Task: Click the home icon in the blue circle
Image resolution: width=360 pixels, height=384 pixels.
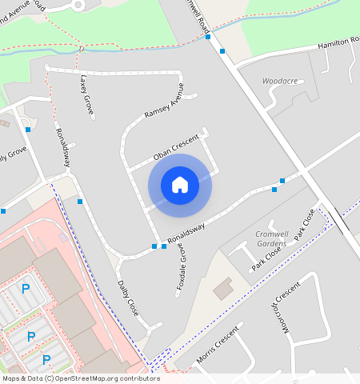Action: coord(180,185)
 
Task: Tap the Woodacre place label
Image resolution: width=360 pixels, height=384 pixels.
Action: coord(279,81)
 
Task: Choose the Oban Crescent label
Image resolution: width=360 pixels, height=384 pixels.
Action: coord(175,146)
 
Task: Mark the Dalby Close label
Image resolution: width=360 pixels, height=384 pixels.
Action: coord(128,298)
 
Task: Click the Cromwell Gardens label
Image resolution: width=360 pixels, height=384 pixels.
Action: coord(270,238)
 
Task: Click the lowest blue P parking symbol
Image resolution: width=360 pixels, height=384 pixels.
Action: coord(46,359)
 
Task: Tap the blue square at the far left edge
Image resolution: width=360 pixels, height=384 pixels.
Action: coord(3,211)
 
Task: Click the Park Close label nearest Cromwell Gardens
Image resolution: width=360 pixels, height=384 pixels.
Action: coord(266,257)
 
